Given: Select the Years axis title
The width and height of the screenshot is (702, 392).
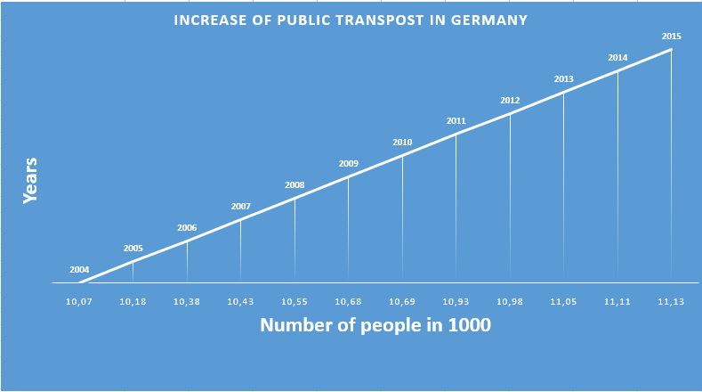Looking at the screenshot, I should tap(29, 181).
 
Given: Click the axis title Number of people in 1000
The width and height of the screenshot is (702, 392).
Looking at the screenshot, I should tap(375, 325).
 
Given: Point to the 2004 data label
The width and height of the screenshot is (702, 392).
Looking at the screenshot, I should tap(79, 270).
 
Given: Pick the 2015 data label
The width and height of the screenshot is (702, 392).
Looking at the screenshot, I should tap(672, 36).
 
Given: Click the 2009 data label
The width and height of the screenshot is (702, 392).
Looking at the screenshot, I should tap(349, 163).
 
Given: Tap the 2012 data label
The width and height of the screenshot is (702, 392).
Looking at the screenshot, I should tap(510, 100).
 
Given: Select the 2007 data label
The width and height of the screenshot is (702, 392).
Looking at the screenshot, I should tap(240, 206).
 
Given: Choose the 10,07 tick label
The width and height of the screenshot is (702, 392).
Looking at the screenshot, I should tap(79, 301).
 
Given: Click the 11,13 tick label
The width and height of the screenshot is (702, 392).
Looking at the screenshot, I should tap(672, 301).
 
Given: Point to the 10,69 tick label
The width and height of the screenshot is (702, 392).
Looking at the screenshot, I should tap(402, 301).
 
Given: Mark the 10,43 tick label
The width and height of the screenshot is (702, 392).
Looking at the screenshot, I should tap(240, 301).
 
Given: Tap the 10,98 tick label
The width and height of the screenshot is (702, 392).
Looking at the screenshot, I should tap(510, 301).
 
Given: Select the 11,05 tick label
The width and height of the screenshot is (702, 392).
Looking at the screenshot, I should tap(564, 301).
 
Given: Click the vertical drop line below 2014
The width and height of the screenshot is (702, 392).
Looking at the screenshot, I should tap(618, 178).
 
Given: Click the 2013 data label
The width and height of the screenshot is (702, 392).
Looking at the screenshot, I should tap(564, 79).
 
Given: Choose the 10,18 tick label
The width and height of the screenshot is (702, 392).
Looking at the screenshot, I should tap(133, 301).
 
